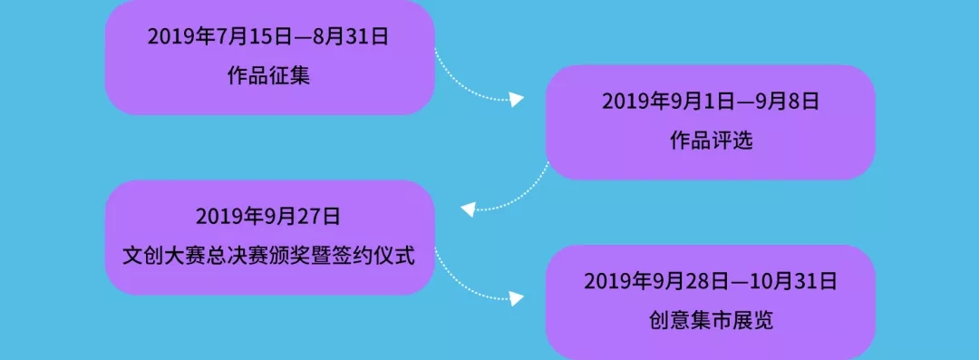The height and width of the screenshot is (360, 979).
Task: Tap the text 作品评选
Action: [x=711, y=141]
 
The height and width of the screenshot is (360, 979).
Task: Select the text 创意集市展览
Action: [x=711, y=321]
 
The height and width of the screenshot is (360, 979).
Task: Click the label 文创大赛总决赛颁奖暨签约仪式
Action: [x=268, y=256]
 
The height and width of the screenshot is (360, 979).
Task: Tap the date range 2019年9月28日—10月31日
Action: [x=711, y=281]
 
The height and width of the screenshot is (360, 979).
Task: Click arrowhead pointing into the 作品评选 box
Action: [x=517, y=100]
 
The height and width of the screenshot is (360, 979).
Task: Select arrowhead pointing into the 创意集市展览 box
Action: [x=517, y=298]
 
